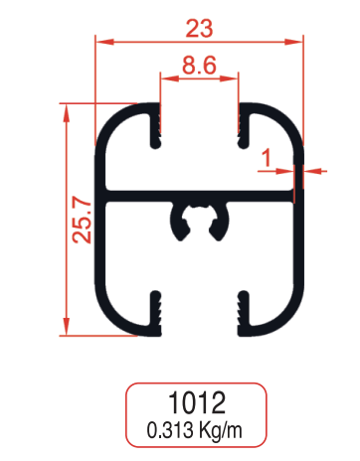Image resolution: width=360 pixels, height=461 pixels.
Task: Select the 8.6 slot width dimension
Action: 199,69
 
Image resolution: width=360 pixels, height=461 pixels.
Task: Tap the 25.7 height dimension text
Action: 83,219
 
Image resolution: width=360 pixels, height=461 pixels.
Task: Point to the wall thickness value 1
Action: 266,156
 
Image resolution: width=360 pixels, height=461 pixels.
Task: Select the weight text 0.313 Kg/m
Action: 197,431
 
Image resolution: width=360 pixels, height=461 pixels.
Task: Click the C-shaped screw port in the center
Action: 198,220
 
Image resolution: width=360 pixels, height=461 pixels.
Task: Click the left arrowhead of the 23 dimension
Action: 101,42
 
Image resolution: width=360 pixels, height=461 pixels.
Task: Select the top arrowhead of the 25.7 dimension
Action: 67,109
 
